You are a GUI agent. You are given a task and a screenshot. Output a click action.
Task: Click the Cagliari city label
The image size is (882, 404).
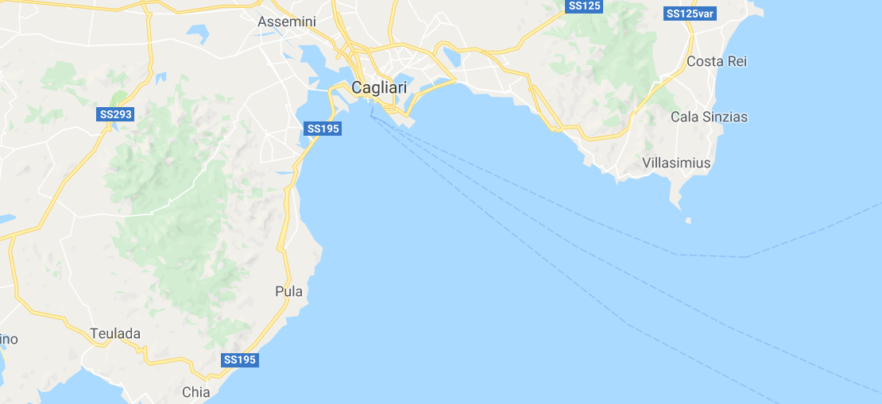(x=378, y=89)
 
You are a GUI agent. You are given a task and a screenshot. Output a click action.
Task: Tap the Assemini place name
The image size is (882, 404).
(x=288, y=22)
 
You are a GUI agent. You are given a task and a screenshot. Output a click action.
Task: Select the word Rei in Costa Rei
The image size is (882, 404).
(x=736, y=61)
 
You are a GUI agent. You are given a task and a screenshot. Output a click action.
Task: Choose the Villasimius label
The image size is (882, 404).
(x=676, y=163)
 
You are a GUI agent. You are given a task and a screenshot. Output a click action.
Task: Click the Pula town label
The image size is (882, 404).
(x=288, y=291)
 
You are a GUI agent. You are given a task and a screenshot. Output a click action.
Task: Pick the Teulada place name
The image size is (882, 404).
(x=115, y=333)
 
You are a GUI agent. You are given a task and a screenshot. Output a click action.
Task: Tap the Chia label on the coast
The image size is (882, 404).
(x=196, y=391)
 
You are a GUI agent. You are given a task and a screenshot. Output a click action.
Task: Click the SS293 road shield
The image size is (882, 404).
(x=116, y=114)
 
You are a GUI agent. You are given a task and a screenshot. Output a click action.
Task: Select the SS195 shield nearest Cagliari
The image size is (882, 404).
(x=323, y=129)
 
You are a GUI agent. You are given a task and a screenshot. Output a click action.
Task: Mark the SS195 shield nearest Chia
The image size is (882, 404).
(x=240, y=360)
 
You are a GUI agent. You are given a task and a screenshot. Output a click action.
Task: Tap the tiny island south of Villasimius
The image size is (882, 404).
(x=687, y=221)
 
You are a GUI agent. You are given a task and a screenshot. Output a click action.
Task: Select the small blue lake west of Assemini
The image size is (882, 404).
(x=196, y=33)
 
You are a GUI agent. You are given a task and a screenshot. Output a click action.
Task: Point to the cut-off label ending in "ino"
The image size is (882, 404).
(x=8, y=339)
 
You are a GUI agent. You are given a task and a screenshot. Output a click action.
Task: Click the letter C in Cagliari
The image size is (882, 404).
(x=357, y=89)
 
